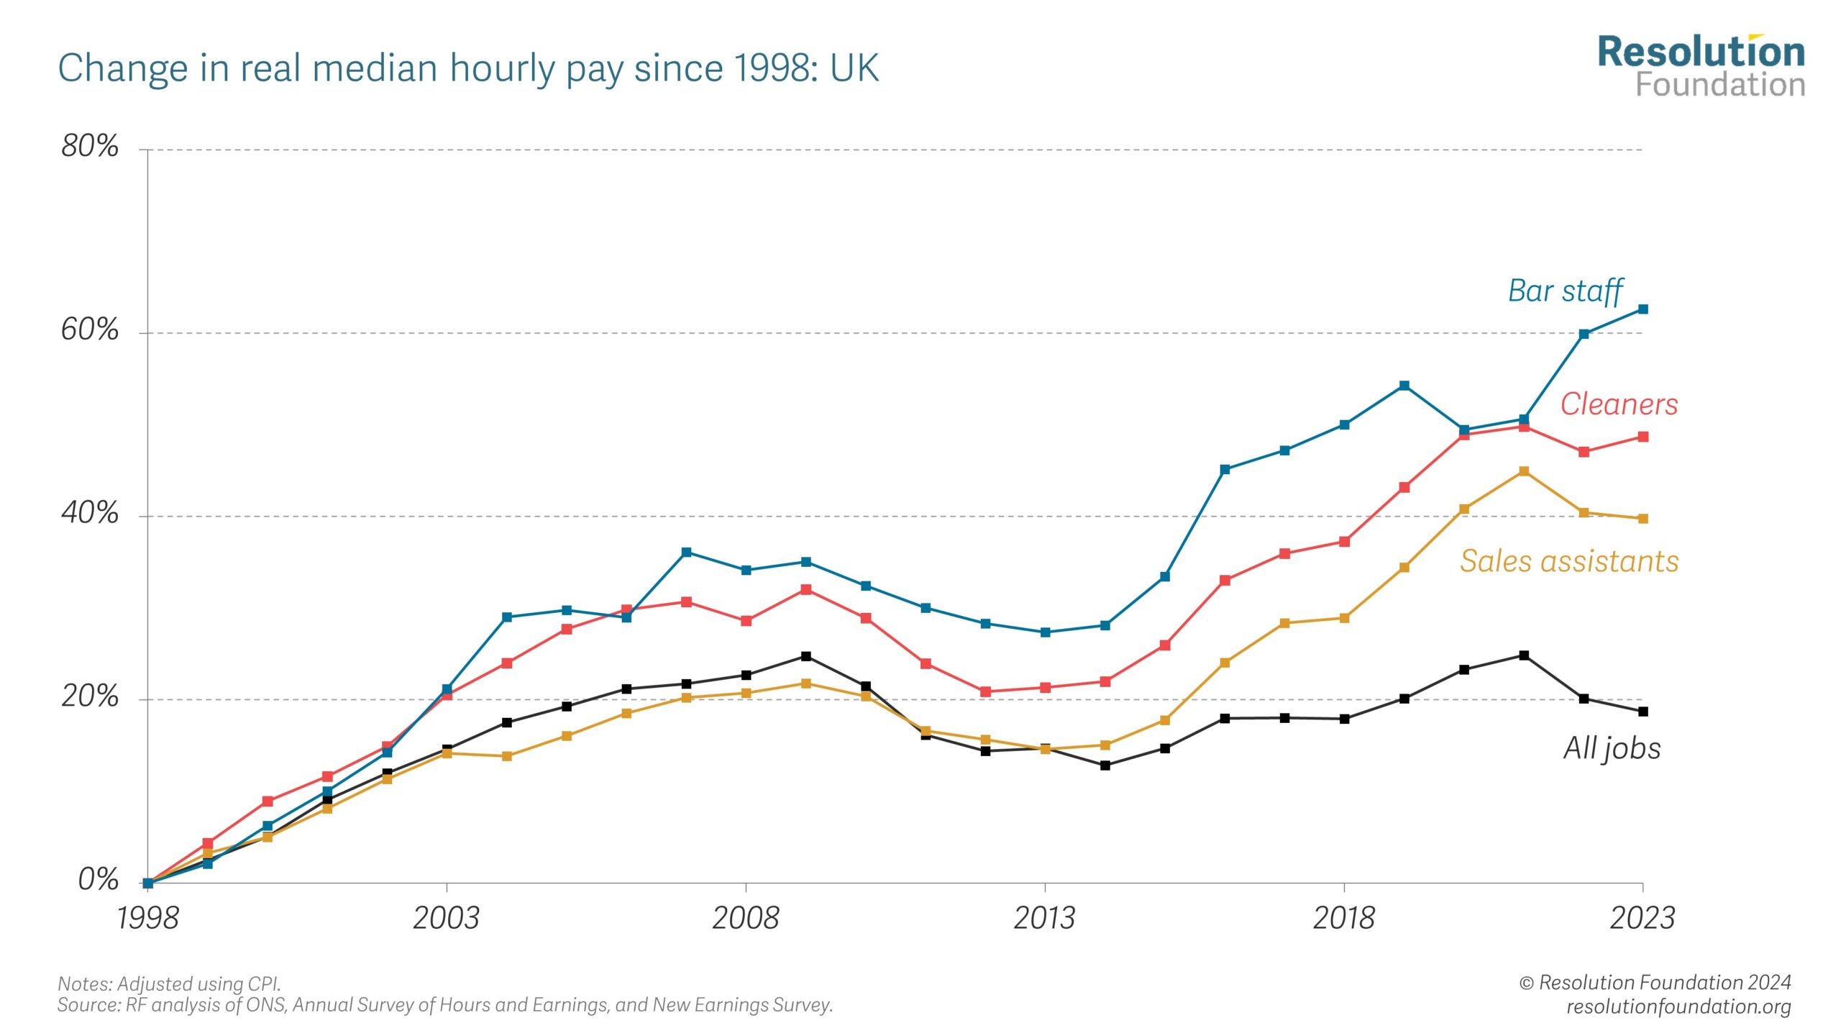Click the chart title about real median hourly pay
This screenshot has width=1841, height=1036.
[468, 68]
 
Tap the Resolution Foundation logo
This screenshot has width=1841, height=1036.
[1701, 67]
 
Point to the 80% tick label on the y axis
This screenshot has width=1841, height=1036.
[90, 146]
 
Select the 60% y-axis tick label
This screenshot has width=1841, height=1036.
[90, 330]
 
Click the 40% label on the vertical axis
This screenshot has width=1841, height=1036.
[90, 513]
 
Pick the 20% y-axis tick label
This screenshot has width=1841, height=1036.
[90, 696]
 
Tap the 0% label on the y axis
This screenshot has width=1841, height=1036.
[99, 879]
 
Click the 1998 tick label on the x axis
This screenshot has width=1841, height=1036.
[147, 918]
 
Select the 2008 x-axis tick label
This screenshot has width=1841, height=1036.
[745, 918]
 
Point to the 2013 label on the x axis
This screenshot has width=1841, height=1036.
[1044, 918]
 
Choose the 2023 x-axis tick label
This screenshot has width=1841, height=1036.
[1643, 918]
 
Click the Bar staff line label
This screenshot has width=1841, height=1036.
[1565, 291]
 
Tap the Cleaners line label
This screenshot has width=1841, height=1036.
[1619, 404]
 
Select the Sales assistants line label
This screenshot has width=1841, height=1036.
[1569, 561]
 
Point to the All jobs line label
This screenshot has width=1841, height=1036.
[1612, 748]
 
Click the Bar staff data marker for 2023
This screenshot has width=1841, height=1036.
[1643, 309]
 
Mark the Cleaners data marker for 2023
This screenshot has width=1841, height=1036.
[1643, 437]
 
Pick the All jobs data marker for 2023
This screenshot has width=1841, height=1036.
[1643, 712]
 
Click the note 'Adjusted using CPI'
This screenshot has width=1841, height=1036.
[170, 983]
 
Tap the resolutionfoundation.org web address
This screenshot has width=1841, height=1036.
[1678, 1006]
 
